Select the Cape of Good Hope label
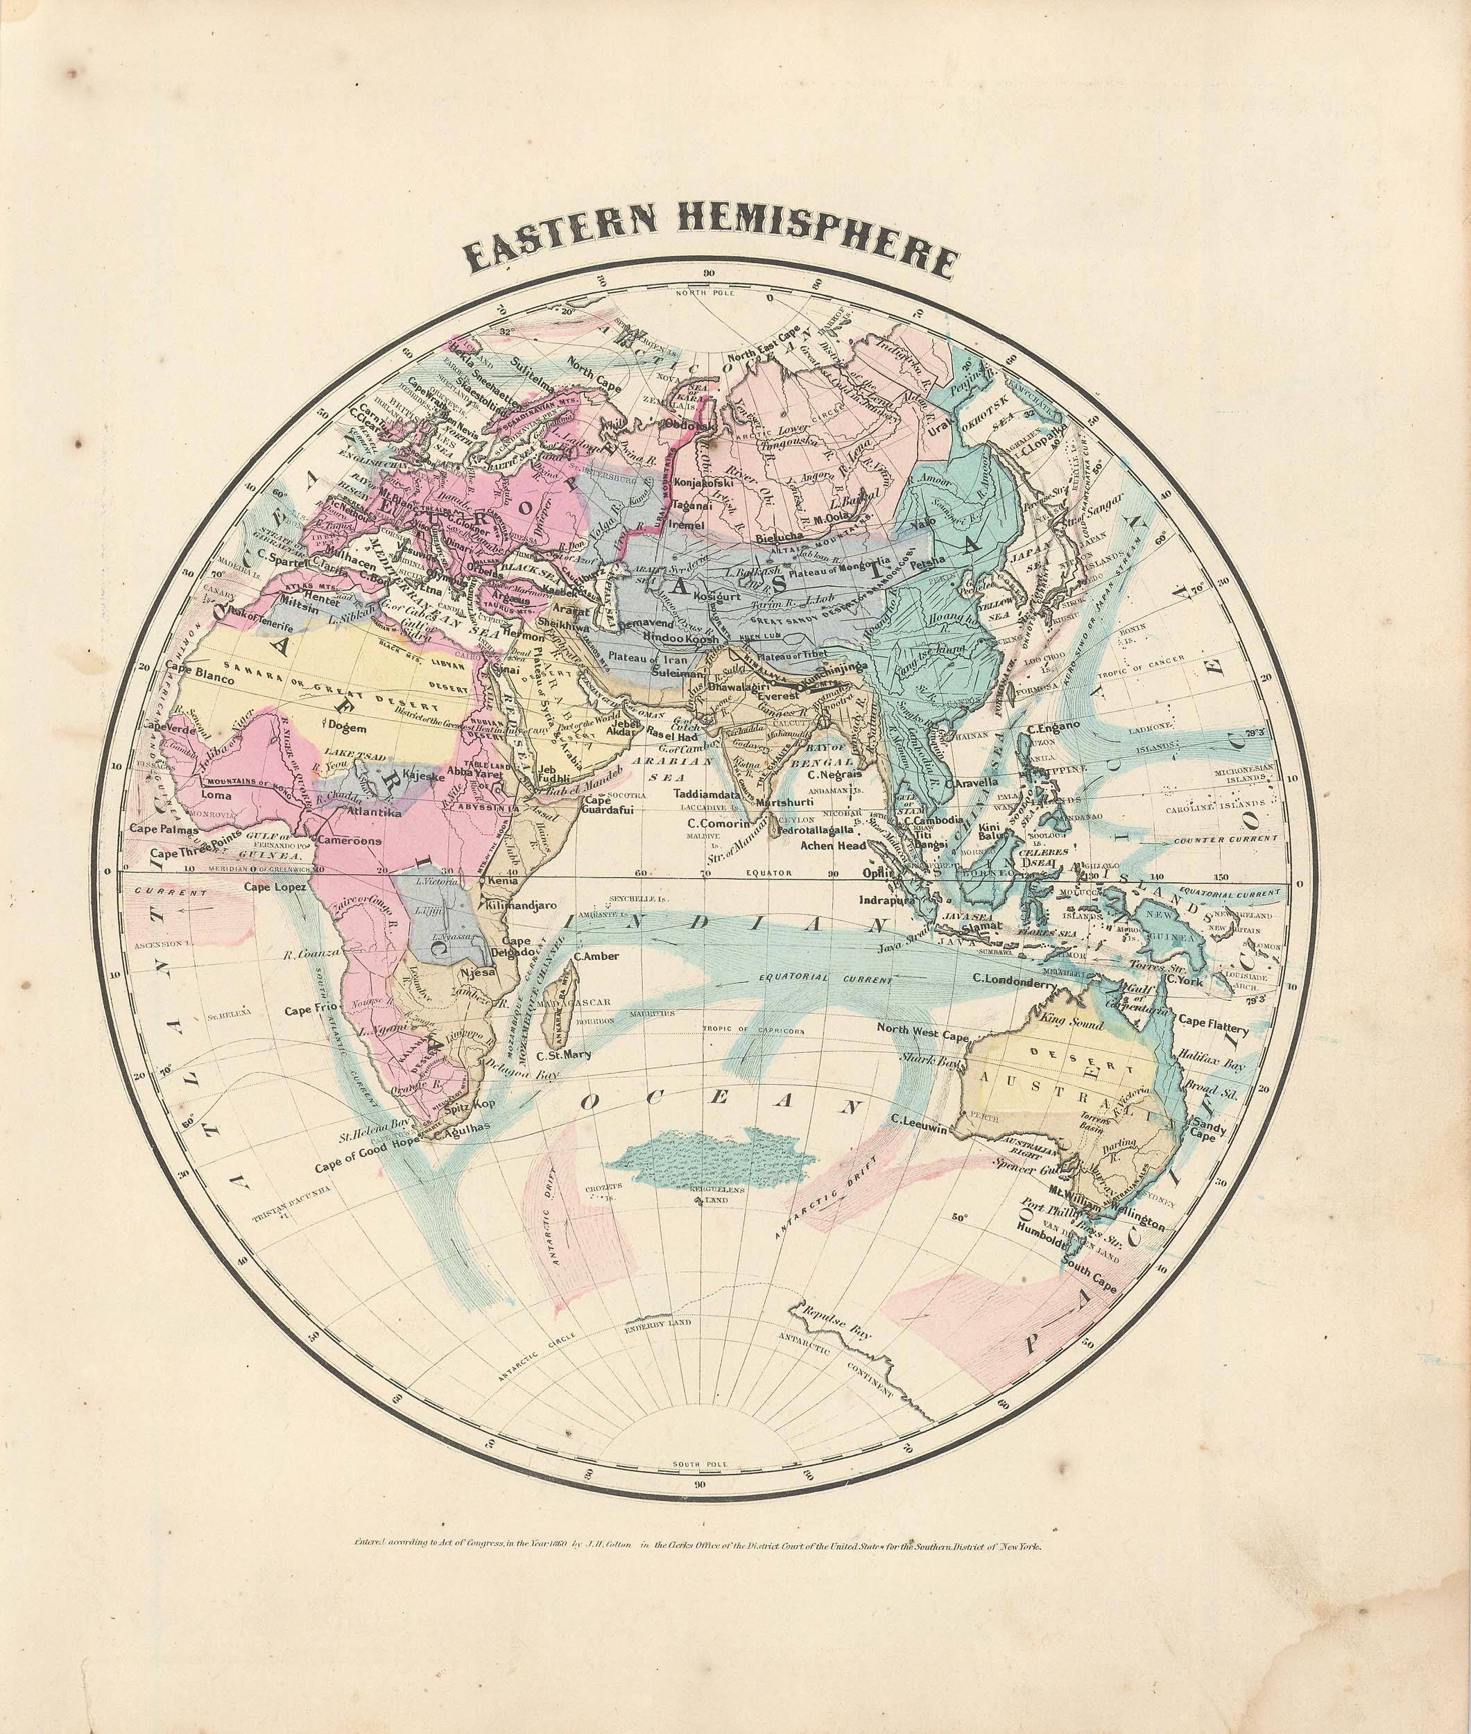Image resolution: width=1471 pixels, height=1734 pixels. tap(368, 1165)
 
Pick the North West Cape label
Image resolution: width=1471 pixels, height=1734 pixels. tap(922, 1034)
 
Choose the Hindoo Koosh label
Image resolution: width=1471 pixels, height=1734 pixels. tap(680, 638)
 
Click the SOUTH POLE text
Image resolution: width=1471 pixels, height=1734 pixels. tap(704, 1465)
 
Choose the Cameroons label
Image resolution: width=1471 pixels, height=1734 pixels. tap(350, 841)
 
